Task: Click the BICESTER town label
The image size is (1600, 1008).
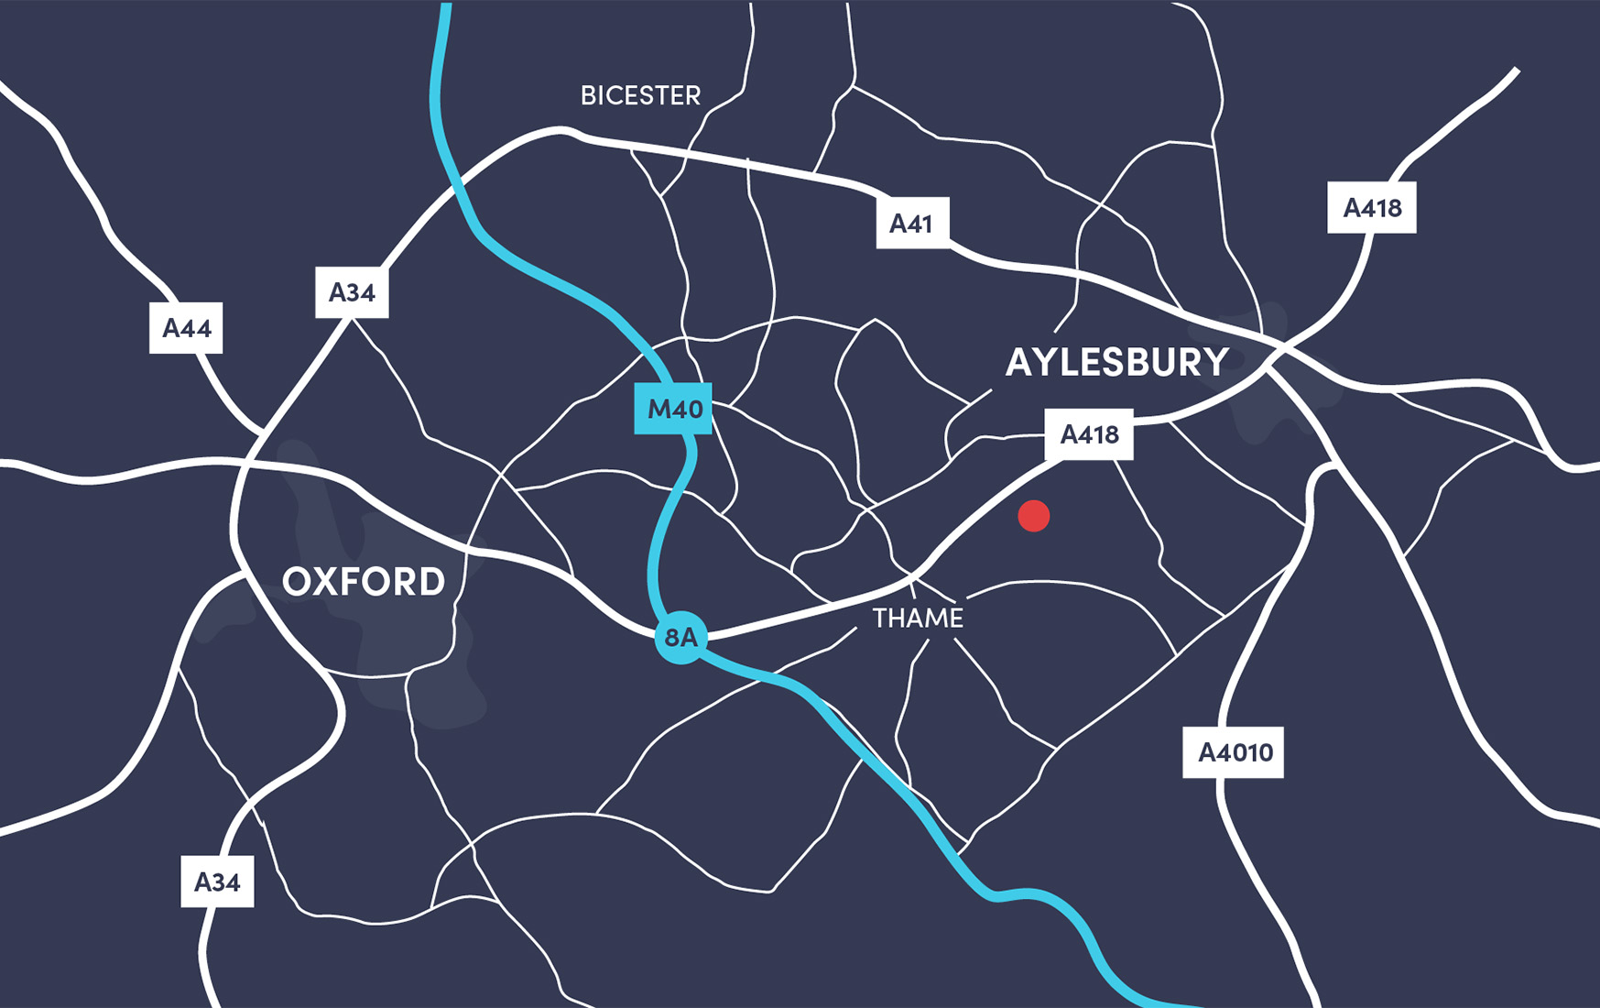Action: pyautogui.click(x=640, y=94)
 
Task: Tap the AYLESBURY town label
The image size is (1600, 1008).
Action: pyautogui.click(x=1116, y=362)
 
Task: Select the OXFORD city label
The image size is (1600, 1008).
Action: pyautogui.click(x=364, y=582)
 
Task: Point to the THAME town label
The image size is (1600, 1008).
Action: pyautogui.click(x=918, y=619)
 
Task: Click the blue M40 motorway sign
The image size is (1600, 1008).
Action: pyautogui.click(x=675, y=409)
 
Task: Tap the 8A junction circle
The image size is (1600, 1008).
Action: pyautogui.click(x=680, y=638)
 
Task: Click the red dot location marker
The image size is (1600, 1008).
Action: pyautogui.click(x=1033, y=516)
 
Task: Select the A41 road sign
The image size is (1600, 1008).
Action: pyautogui.click(x=911, y=223)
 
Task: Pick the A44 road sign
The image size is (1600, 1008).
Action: pyautogui.click(x=186, y=328)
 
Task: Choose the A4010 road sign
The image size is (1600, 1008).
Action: pyautogui.click(x=1234, y=752)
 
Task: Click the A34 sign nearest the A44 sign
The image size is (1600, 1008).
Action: pyautogui.click(x=352, y=292)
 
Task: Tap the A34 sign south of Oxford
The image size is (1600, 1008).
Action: pyautogui.click(x=217, y=882)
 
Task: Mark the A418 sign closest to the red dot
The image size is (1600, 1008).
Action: pyautogui.click(x=1089, y=434)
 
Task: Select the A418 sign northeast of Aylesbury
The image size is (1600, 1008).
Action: pyautogui.click(x=1371, y=208)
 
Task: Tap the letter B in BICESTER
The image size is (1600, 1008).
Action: pyautogui.click(x=588, y=94)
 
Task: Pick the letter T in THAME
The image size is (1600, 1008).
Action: pyautogui.click(x=880, y=619)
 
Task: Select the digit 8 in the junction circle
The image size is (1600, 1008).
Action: pyautogui.click(x=672, y=638)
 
